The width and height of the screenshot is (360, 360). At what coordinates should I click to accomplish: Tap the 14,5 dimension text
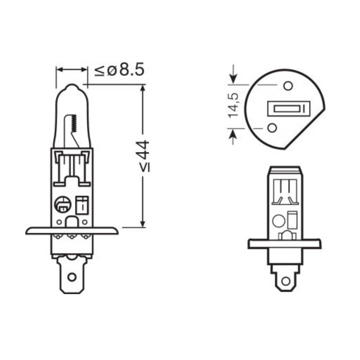click(233, 105)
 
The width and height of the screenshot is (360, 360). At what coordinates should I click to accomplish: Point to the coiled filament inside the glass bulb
click(72, 124)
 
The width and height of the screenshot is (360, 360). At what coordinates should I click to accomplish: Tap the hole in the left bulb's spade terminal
click(71, 277)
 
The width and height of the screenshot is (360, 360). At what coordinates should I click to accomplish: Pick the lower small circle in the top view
click(272, 127)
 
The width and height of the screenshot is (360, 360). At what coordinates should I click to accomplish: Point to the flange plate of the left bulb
click(71, 231)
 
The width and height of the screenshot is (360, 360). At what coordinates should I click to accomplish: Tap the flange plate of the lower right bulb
click(284, 244)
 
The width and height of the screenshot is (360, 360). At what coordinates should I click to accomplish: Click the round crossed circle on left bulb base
click(62, 204)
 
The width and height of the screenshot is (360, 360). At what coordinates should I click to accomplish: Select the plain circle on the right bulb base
click(278, 221)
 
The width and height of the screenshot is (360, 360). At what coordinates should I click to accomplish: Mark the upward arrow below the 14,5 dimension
click(234, 136)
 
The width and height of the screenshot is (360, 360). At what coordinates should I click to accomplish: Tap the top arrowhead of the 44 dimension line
click(143, 89)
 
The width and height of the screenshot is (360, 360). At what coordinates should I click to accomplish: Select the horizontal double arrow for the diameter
click(72, 70)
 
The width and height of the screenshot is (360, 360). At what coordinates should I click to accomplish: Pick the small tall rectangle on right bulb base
click(292, 219)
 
